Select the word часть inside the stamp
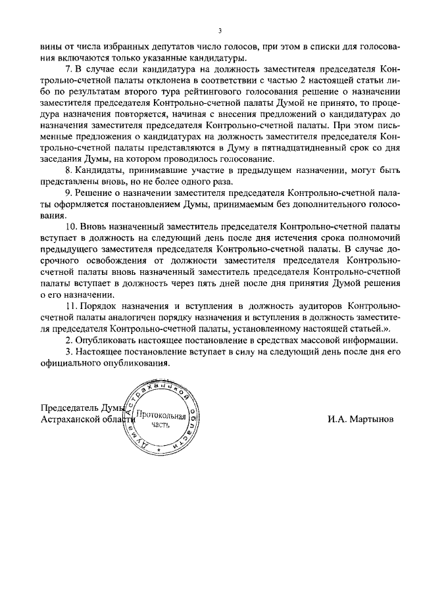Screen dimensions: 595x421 [161, 425]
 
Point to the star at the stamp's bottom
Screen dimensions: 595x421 [159, 450]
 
